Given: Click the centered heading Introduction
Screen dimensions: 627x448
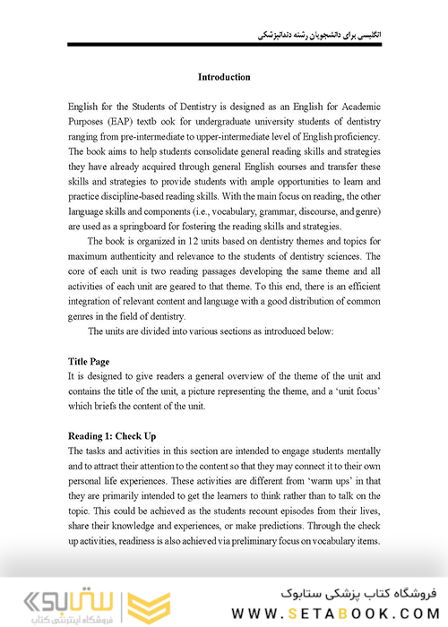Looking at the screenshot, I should coord(224,77).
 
